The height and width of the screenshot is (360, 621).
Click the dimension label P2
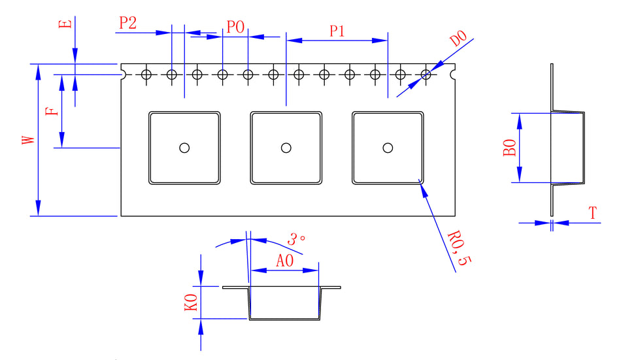point(127,24)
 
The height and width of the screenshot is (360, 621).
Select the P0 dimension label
point(235,27)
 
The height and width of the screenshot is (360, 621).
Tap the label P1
point(337,31)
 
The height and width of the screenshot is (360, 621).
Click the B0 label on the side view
point(510,148)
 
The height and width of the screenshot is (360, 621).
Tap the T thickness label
point(592,213)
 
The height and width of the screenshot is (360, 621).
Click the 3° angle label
point(296,240)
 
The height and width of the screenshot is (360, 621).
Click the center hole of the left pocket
point(184,148)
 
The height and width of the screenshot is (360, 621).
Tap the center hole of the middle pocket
point(286,148)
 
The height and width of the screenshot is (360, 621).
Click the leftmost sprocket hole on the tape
point(146,74)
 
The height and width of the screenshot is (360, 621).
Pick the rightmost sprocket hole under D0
point(426,74)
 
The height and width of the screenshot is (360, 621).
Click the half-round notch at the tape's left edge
point(121,74)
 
